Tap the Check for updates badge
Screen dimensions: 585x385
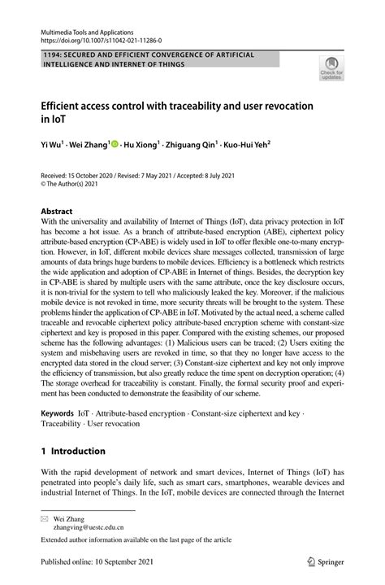330,71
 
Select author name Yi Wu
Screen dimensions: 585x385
53,144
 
